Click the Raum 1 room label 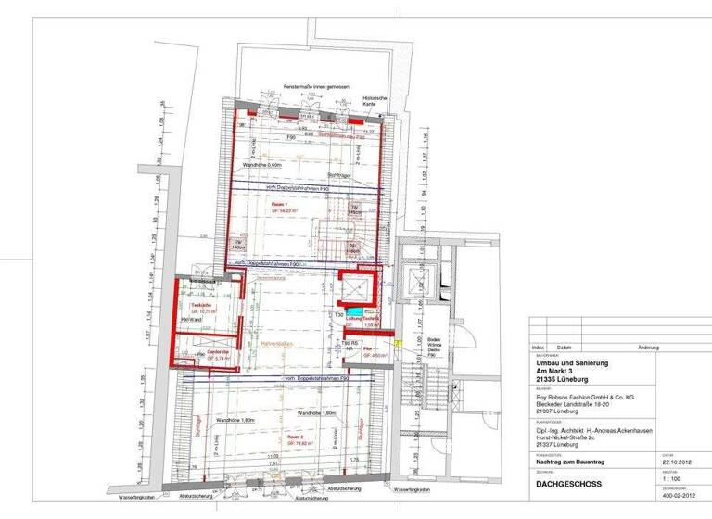coord(280,204)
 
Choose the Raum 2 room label coord(295,435)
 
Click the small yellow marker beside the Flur coord(396,343)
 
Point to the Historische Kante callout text coord(374,100)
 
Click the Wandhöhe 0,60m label coord(262,164)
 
